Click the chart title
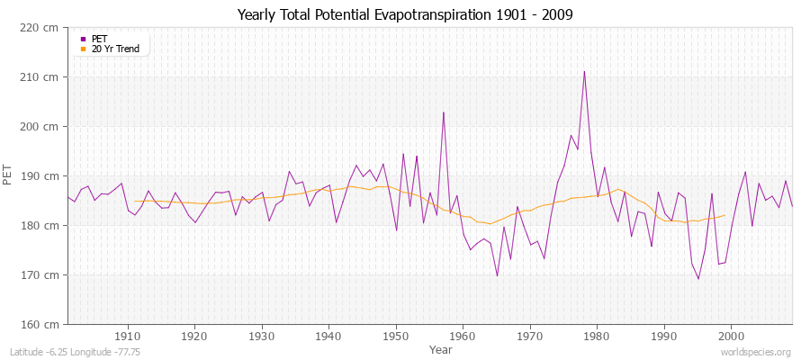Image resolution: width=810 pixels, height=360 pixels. [404, 14]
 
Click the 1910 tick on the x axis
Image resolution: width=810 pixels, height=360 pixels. [128, 336]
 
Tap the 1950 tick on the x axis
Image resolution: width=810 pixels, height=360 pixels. [396, 336]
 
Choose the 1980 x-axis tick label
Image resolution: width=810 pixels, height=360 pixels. [597, 336]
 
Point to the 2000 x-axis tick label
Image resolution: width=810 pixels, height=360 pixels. [731, 336]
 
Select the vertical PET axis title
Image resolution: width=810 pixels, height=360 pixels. [9, 175]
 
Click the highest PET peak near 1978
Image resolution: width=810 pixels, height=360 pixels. [584, 71]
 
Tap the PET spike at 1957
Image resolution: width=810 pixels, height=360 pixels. [443, 112]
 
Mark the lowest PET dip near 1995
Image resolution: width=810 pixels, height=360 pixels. [698, 279]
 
